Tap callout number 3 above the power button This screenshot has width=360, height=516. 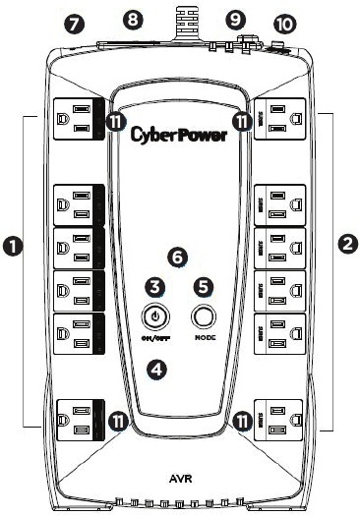point(153,286)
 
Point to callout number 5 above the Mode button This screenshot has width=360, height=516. point(204,286)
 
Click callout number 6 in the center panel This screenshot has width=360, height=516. point(177,257)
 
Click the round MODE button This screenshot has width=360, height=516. point(204,317)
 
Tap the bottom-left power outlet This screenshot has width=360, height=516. point(75,421)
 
